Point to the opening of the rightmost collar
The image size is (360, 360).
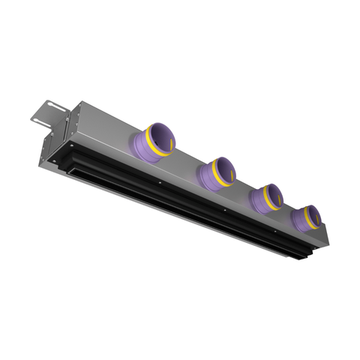tap(314, 213)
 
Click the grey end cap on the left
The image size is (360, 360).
tap(58, 135)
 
